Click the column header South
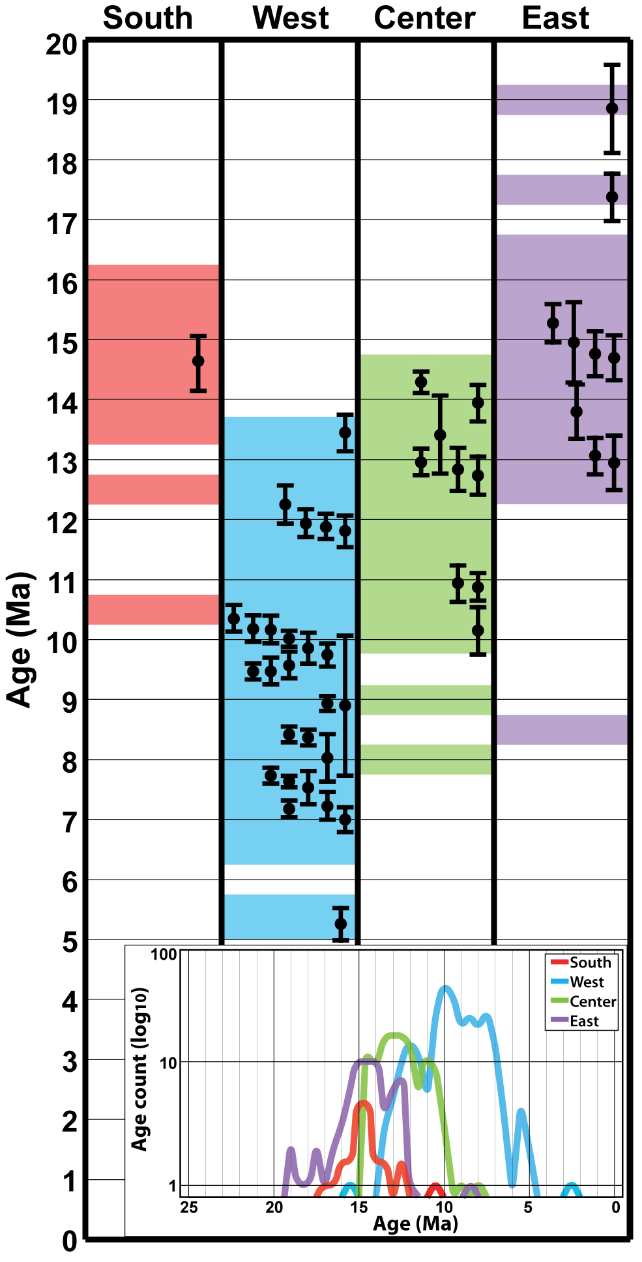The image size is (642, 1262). pyautogui.click(x=148, y=18)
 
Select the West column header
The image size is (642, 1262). pyautogui.click(x=291, y=18)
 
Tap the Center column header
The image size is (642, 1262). pyautogui.click(x=424, y=18)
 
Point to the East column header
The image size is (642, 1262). pyautogui.click(x=555, y=18)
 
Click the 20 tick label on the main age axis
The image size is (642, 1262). pyautogui.click(x=61, y=45)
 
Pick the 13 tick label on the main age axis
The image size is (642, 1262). pyautogui.click(x=61, y=464)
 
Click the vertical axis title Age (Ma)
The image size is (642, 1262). pyautogui.click(x=20, y=639)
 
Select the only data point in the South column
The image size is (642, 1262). pyautogui.click(x=198, y=361)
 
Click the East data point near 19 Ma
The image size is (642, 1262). pyautogui.click(x=612, y=108)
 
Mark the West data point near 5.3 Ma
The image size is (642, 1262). pyautogui.click(x=340, y=923)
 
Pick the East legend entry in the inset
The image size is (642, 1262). pyautogui.click(x=584, y=1021)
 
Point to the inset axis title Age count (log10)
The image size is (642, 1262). pyautogui.click(x=140, y=1069)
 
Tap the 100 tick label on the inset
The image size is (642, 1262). pyautogui.click(x=164, y=954)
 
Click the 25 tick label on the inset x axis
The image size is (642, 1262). pyautogui.click(x=189, y=1207)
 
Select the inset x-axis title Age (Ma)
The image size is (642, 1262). pyautogui.click(x=415, y=1224)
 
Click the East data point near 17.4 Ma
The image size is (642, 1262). pyautogui.click(x=612, y=197)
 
